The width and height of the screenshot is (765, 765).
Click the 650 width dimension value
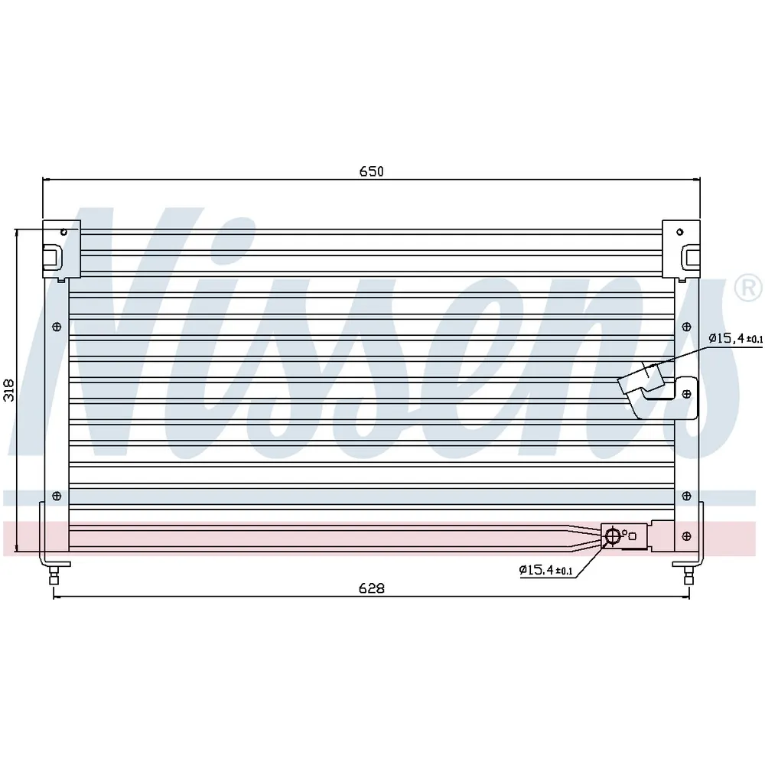(371, 171)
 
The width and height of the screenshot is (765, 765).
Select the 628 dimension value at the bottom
(371, 588)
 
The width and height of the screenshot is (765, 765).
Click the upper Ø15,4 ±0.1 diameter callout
(735, 338)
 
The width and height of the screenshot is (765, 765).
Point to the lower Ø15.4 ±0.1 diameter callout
(546, 570)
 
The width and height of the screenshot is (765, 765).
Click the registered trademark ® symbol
(748, 288)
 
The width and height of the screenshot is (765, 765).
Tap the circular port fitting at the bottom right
(612, 536)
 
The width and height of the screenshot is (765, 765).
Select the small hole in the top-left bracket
(63, 232)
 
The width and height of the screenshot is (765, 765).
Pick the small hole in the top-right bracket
(679, 232)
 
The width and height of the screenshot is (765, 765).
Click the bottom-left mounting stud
(54, 575)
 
